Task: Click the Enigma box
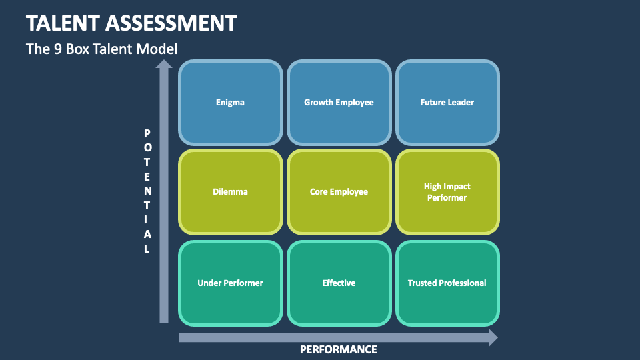coord(230,103)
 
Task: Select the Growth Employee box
coord(339,103)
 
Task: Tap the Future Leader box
coord(447,103)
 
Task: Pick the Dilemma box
coord(230,192)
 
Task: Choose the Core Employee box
coord(339,192)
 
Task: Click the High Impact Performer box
coord(447,192)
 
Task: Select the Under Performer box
coord(230,283)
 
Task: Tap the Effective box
coord(339,283)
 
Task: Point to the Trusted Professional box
coord(447,283)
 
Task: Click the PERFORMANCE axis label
coord(338,349)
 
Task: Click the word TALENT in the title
coord(64,23)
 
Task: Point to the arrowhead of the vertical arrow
coord(163,64)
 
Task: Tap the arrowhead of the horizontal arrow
coord(493,337)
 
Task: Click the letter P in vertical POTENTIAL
coord(147,133)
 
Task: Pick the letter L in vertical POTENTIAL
coord(147,249)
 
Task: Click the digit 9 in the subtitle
coord(55,49)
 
